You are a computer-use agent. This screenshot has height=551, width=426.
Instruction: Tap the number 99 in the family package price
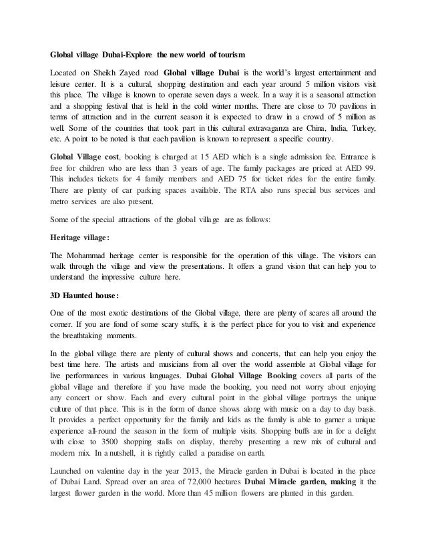click(367, 167)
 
